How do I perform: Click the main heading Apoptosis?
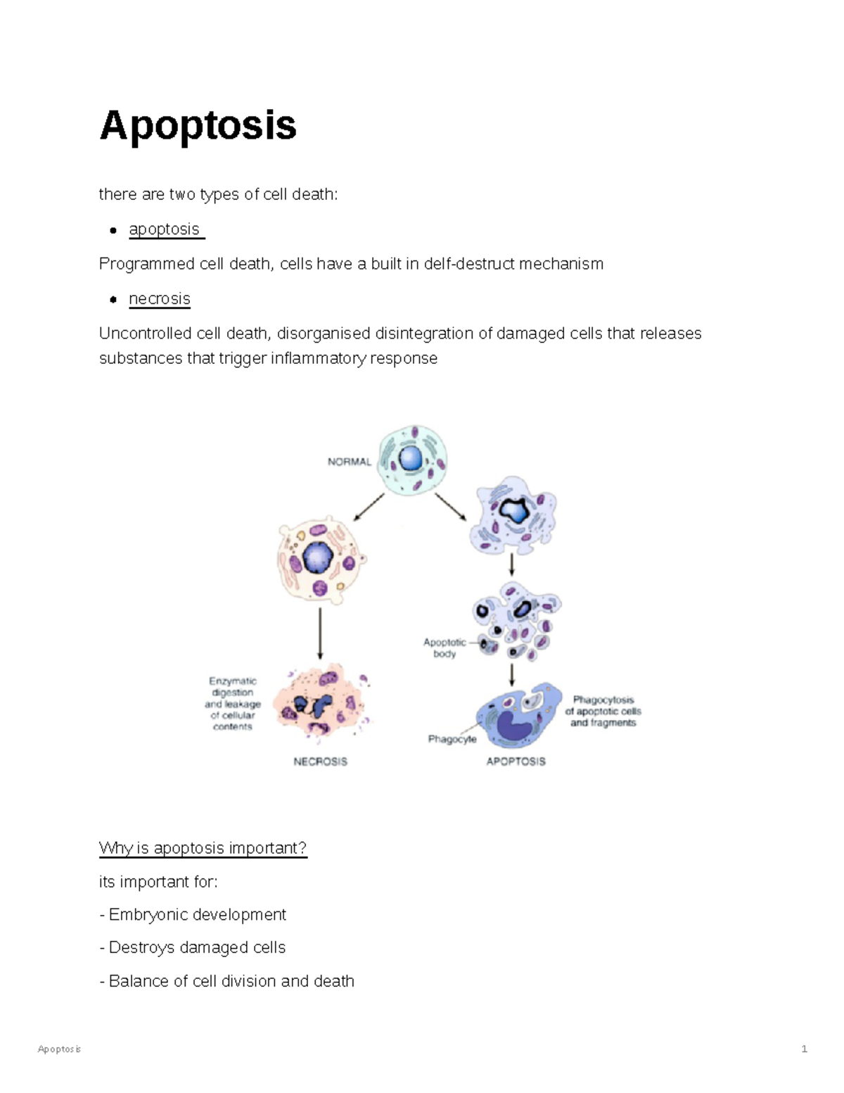click(x=198, y=126)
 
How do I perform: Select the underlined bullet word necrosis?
click(x=160, y=299)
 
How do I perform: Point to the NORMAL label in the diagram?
click(x=349, y=462)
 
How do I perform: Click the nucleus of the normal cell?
click(x=411, y=460)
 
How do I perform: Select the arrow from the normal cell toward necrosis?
click(x=369, y=507)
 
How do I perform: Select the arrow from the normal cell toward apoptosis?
click(x=450, y=507)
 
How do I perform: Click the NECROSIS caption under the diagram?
click(x=320, y=762)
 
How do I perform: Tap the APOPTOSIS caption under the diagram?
click(x=516, y=762)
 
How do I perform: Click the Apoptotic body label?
click(x=445, y=647)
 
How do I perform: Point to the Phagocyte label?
click(x=452, y=739)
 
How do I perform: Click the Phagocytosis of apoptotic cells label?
click(x=603, y=711)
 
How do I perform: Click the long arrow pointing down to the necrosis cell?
click(x=321, y=633)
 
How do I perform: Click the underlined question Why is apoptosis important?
click(x=203, y=848)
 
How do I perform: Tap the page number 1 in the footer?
click(x=804, y=1049)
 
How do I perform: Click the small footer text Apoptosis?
click(x=59, y=1049)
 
